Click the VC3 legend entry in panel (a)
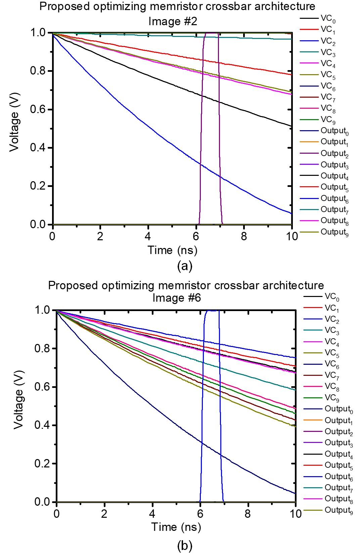(328, 52)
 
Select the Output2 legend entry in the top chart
(334, 154)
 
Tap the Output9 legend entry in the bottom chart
(338, 510)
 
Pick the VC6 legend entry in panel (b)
(331, 364)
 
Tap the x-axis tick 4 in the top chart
(148, 236)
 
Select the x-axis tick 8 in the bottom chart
(248, 514)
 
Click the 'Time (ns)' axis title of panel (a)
(172, 250)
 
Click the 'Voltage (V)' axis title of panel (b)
(19, 399)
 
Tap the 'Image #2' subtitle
(173, 21)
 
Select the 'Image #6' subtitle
(177, 298)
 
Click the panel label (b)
(184, 546)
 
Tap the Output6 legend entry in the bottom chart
(338, 477)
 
